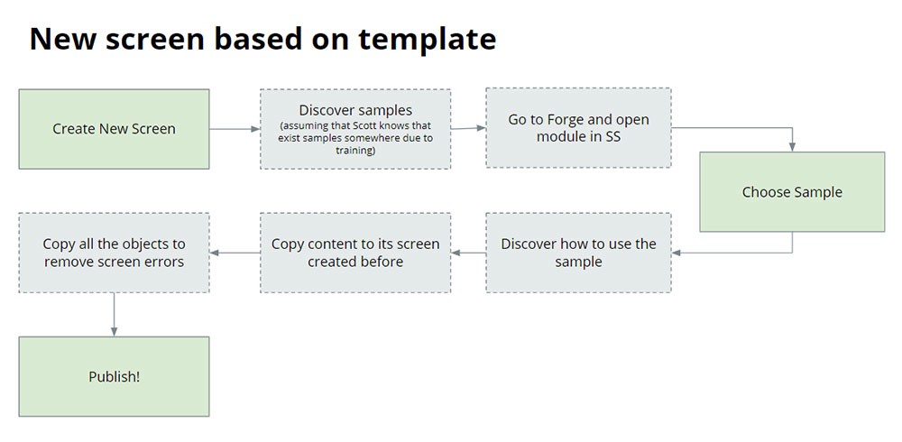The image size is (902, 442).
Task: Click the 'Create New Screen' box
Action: [x=114, y=129]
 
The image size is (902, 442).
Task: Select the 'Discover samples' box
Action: [x=355, y=129]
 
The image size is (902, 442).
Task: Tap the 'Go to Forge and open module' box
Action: [x=578, y=128]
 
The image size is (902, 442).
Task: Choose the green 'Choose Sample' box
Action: [x=792, y=192]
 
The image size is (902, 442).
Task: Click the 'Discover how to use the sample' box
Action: [x=578, y=253]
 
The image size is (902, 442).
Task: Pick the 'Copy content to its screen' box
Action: [x=355, y=253]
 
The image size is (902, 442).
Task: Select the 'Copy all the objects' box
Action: [x=114, y=253]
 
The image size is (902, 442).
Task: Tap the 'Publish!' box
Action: [x=114, y=377]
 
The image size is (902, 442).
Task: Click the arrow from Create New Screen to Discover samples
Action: [x=235, y=129]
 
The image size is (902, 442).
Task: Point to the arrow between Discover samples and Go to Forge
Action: [x=468, y=128]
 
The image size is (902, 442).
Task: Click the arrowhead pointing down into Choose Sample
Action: [x=792, y=146]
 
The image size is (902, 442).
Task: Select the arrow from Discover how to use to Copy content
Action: [x=468, y=253]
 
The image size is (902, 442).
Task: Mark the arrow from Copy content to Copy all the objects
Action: [x=235, y=253]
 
